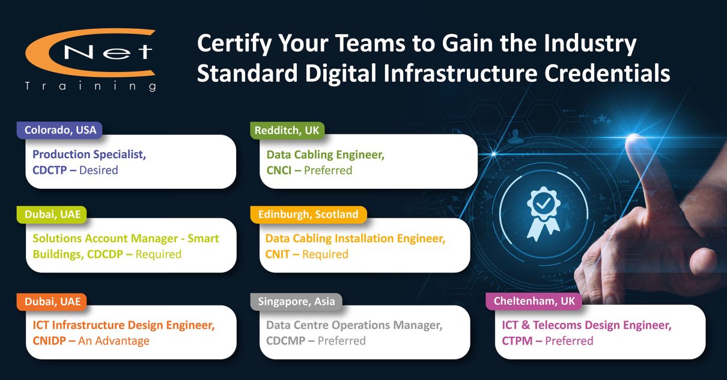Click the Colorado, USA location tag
coord(59,130)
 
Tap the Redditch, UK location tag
coord(287,130)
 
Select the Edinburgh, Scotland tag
coord(308,215)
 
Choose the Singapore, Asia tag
coord(296,302)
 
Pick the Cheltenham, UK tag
coord(534,301)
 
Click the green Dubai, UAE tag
coord(52,215)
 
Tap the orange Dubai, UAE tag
coord(52,302)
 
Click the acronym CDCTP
coord(50,170)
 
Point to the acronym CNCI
coord(279,170)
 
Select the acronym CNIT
coord(277,254)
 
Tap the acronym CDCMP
coord(285,341)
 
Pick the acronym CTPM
coord(517,341)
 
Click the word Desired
coord(99,170)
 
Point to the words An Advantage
coord(114,341)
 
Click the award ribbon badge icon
coord(543,213)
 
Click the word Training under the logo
coord(91,87)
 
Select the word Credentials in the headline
coord(607,73)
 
